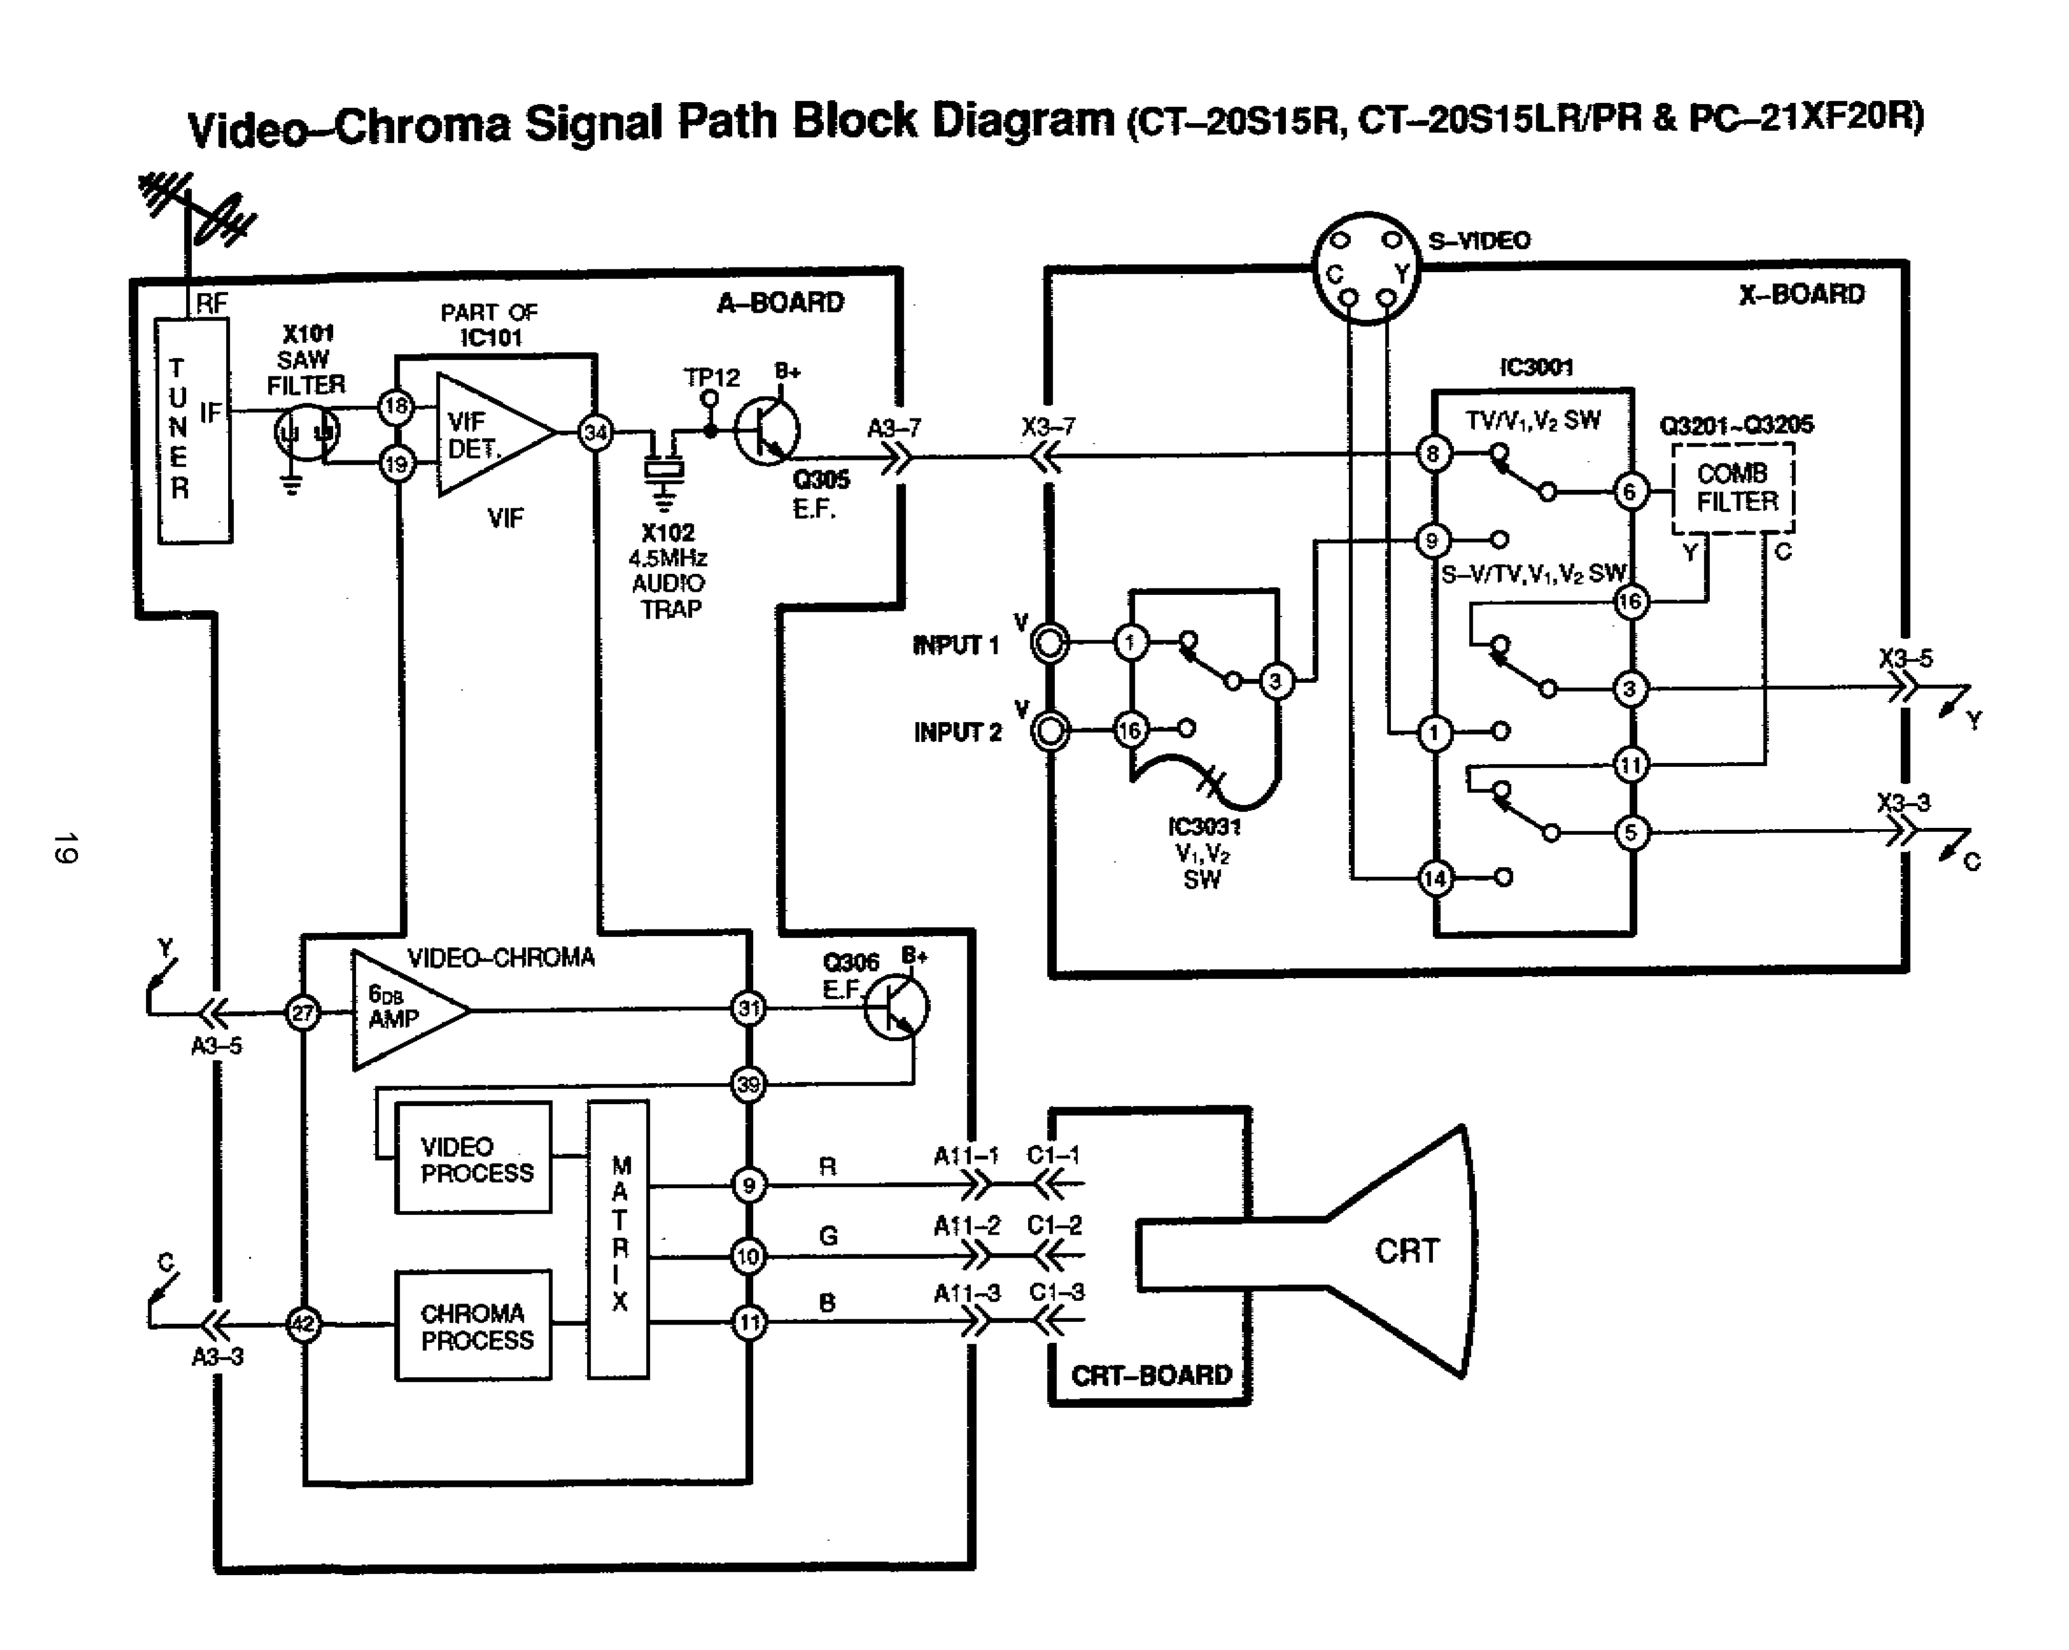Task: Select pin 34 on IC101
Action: [596, 433]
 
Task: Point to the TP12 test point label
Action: [712, 377]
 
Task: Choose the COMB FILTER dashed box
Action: [1733, 488]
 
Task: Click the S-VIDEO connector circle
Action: [1366, 268]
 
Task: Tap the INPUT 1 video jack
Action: [1050, 642]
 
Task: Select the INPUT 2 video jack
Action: [1050, 731]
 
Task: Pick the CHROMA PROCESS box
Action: [474, 1325]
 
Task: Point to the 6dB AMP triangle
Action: [402, 1010]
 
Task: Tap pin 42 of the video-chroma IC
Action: [303, 1325]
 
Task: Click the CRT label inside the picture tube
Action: [1407, 1252]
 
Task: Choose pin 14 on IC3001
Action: [1436, 877]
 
